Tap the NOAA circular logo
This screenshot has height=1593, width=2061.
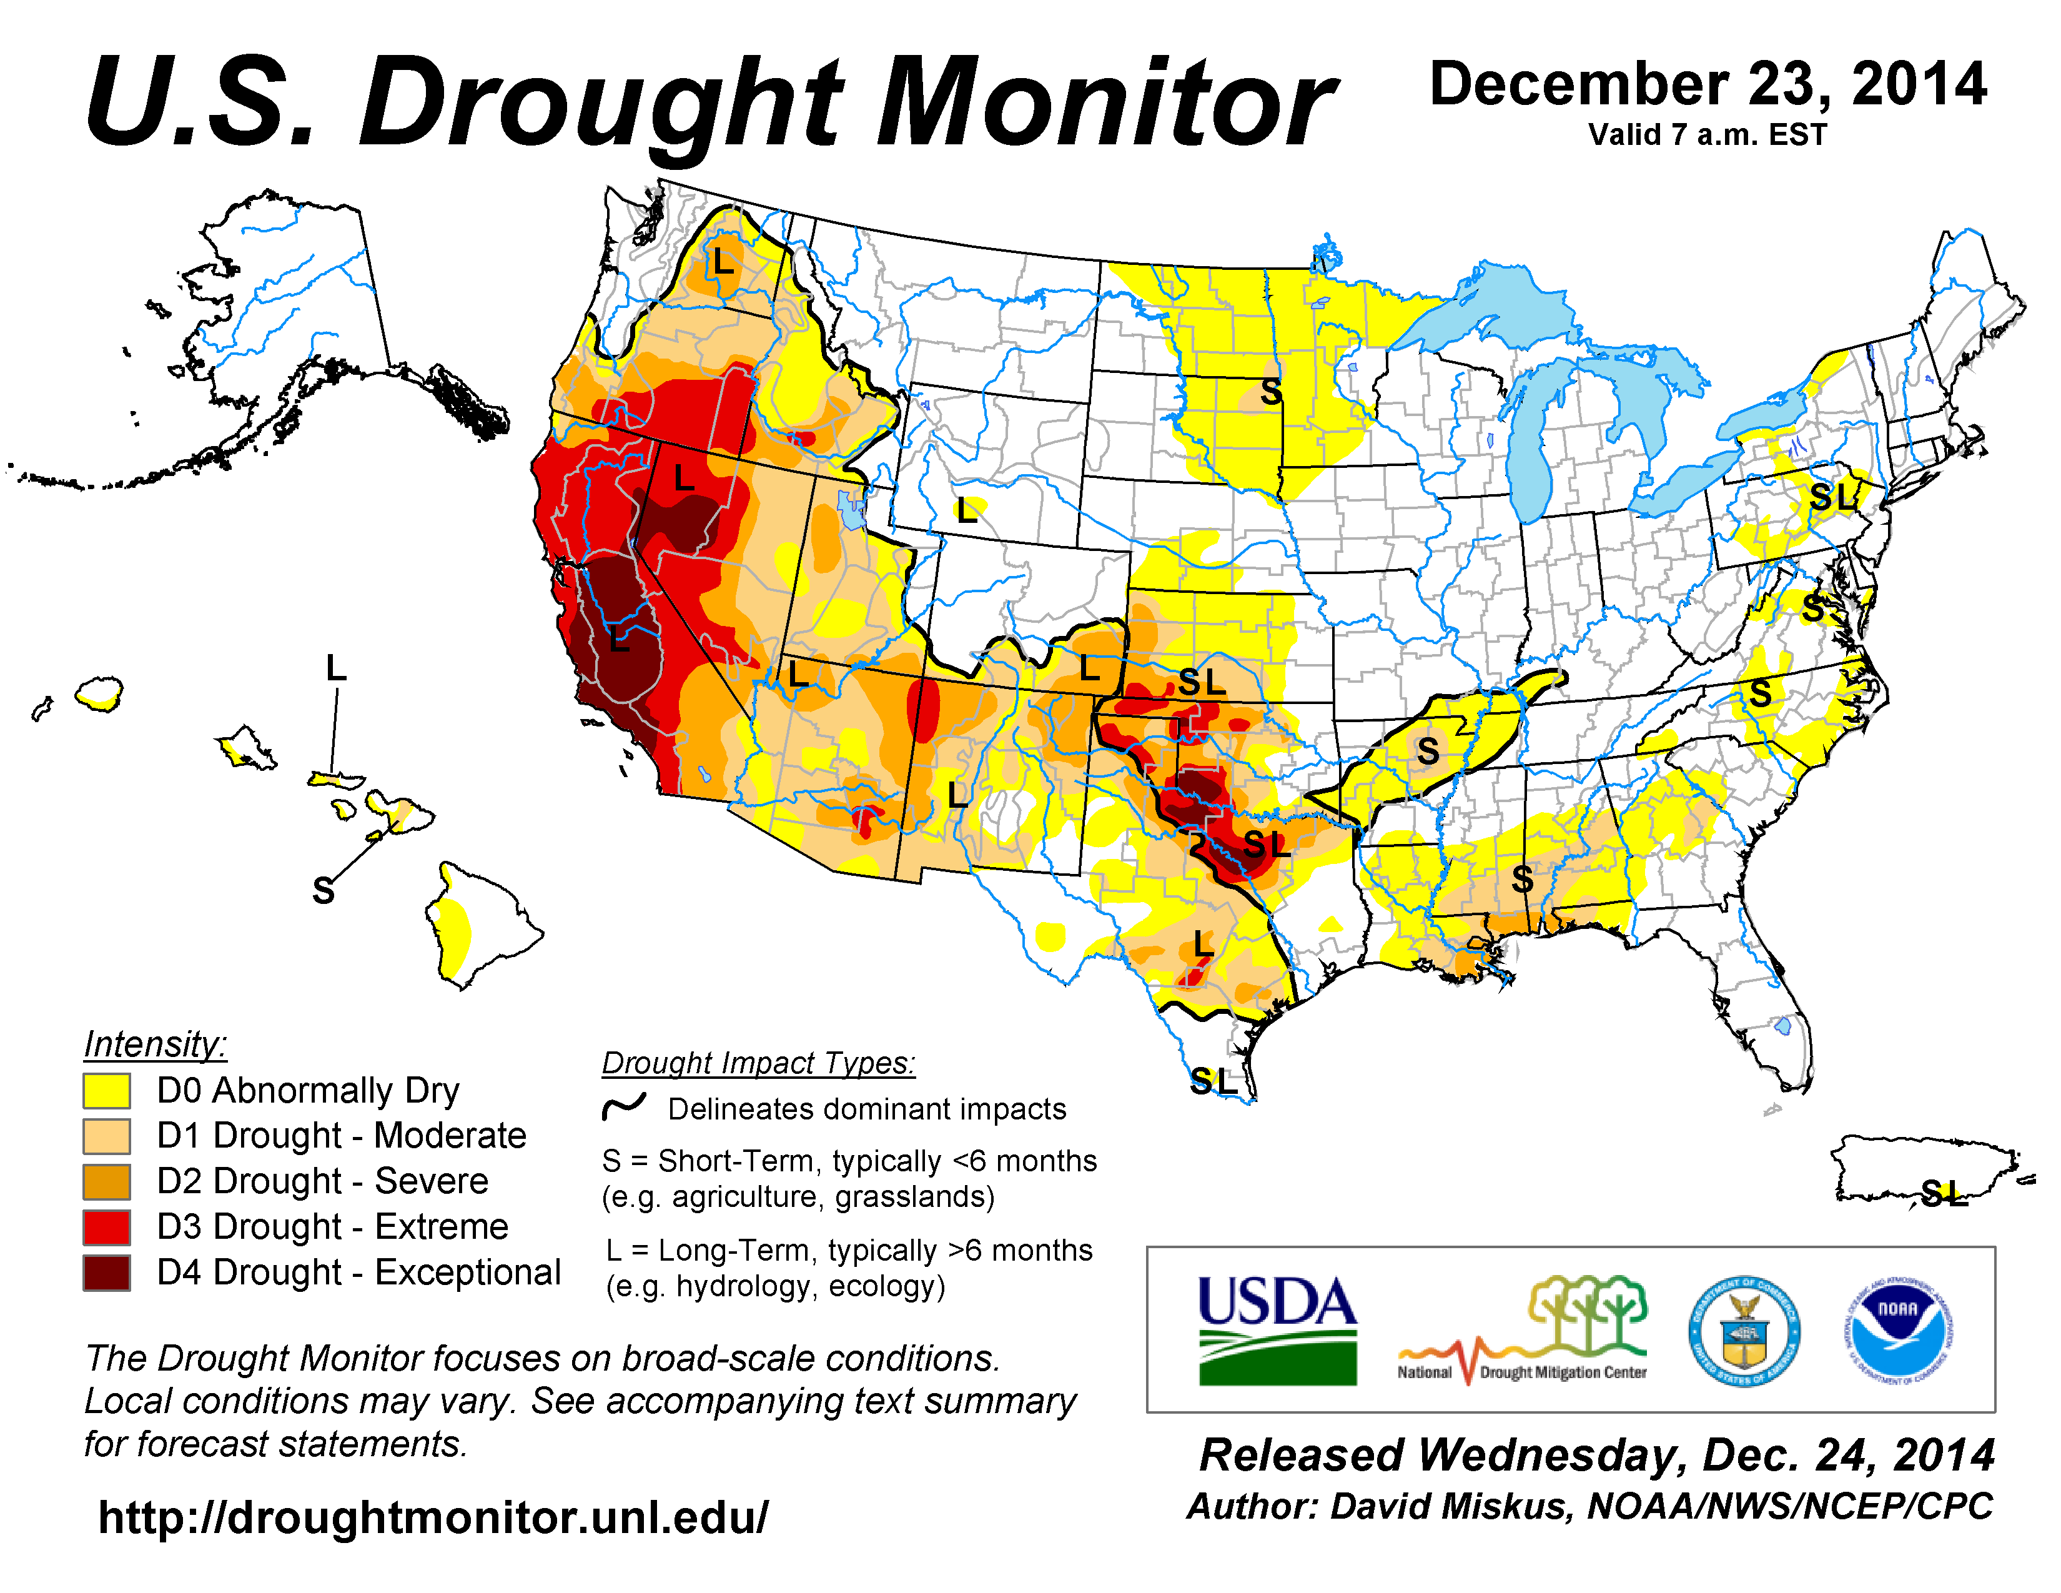(x=1898, y=1331)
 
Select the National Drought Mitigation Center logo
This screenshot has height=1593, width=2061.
(x=1522, y=1331)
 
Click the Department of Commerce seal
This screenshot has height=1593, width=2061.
(x=1743, y=1331)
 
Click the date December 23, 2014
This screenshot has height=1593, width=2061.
(x=1708, y=85)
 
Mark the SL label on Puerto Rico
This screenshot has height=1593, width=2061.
(x=1944, y=1194)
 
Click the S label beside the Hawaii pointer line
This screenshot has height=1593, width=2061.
(x=324, y=890)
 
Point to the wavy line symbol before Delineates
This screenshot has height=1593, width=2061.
(x=625, y=1106)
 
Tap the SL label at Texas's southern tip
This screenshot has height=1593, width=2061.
(x=1213, y=1081)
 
